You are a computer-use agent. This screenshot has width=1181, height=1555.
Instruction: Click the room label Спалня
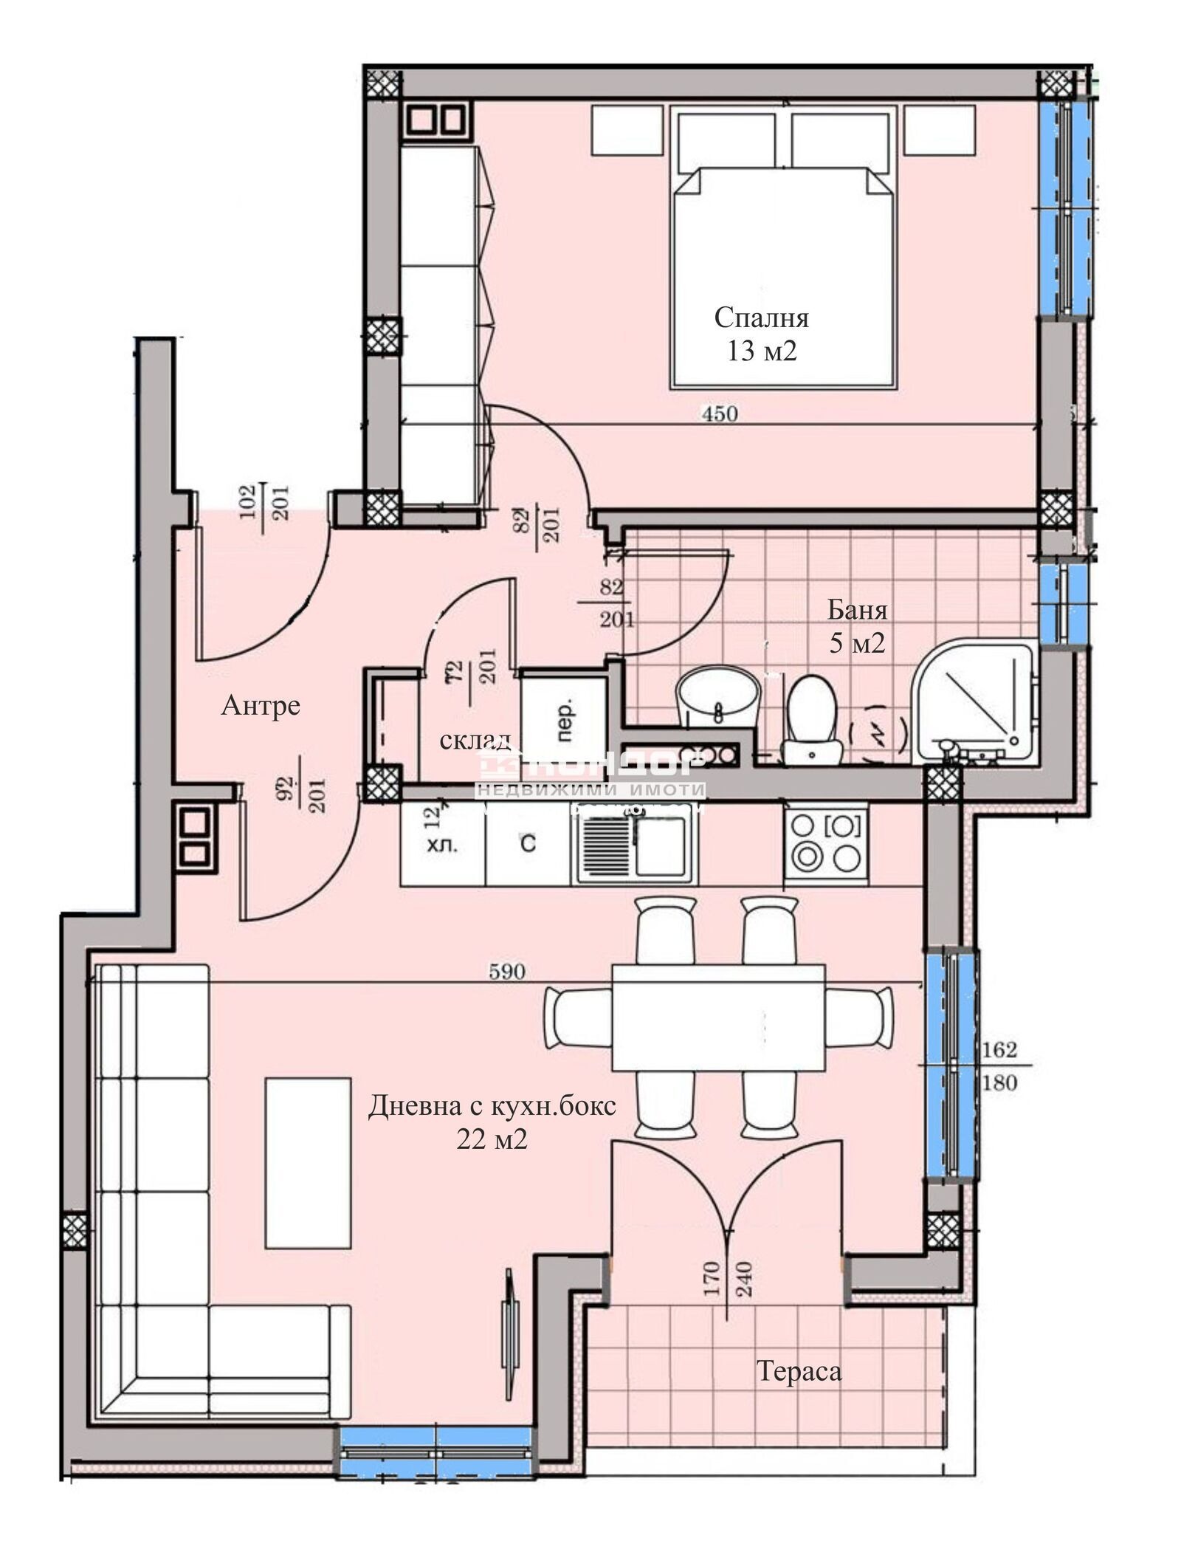[761, 318]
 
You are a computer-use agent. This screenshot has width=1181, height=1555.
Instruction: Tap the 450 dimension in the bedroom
[719, 414]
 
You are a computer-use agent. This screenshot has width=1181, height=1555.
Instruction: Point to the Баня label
[856, 610]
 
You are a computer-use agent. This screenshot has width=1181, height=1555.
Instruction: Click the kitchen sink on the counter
[633, 845]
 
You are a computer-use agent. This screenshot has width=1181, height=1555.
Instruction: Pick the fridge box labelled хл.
[442, 845]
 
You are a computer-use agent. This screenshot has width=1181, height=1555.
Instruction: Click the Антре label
[261, 706]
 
